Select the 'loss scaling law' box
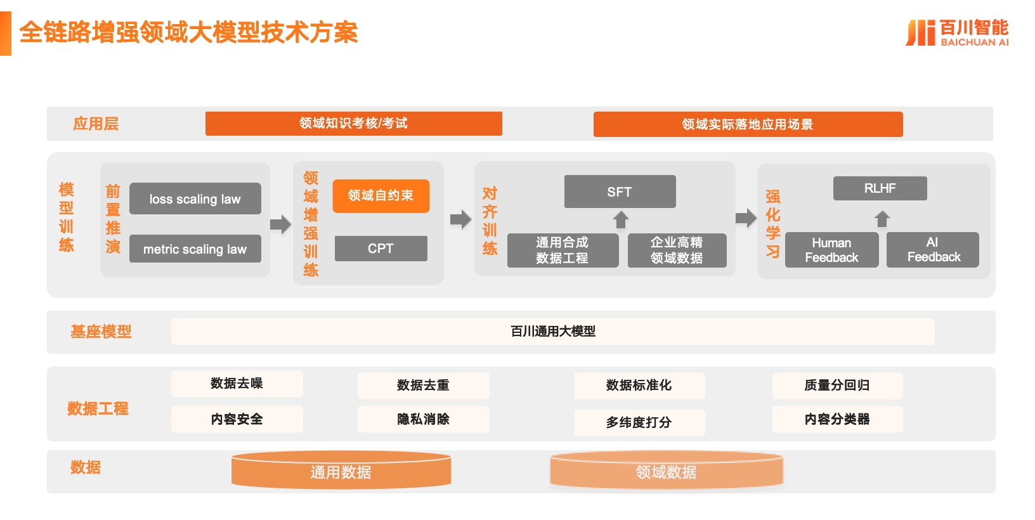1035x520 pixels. click(x=195, y=198)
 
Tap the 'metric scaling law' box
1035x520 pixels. click(x=195, y=249)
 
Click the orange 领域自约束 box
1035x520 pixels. click(x=381, y=195)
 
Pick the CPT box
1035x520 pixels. click(x=381, y=249)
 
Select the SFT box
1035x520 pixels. click(x=620, y=192)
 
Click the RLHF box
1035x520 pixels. click(x=880, y=188)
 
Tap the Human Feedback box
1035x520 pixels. click(x=831, y=250)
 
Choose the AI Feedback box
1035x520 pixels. click(x=933, y=250)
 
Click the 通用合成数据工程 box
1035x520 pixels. click(x=563, y=250)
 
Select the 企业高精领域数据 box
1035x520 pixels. click(x=677, y=250)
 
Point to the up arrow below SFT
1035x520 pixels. click(x=621, y=219)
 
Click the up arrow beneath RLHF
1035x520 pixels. click(x=882, y=219)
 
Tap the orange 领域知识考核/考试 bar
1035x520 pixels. click(x=353, y=124)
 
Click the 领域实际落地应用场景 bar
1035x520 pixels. click(x=748, y=124)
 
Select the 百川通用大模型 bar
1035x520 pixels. click(x=552, y=331)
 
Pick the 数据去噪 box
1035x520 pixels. click(x=237, y=384)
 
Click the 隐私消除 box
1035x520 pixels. click(x=423, y=419)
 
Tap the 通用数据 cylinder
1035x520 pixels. click(x=341, y=471)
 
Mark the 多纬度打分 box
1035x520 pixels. click(x=639, y=422)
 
